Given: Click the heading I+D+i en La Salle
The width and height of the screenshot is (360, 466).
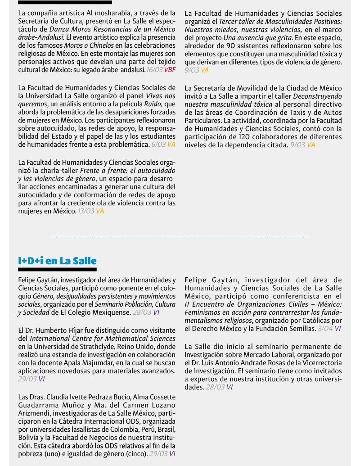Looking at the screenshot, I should click(x=57, y=261).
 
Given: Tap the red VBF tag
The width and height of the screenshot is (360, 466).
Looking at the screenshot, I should click(x=170, y=70).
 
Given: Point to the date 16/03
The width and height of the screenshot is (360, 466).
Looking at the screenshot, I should click(x=154, y=70).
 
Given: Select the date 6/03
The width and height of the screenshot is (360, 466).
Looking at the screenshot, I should click(x=158, y=145).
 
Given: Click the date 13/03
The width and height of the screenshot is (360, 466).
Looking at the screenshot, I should click(x=85, y=211).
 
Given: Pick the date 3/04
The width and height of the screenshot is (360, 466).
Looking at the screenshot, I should click(x=325, y=329).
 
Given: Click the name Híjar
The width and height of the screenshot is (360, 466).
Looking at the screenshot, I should click(x=75, y=330).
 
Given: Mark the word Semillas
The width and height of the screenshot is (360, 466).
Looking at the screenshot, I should click(x=301, y=329).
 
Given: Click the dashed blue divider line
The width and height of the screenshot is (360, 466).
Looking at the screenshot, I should click(x=180, y=237).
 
